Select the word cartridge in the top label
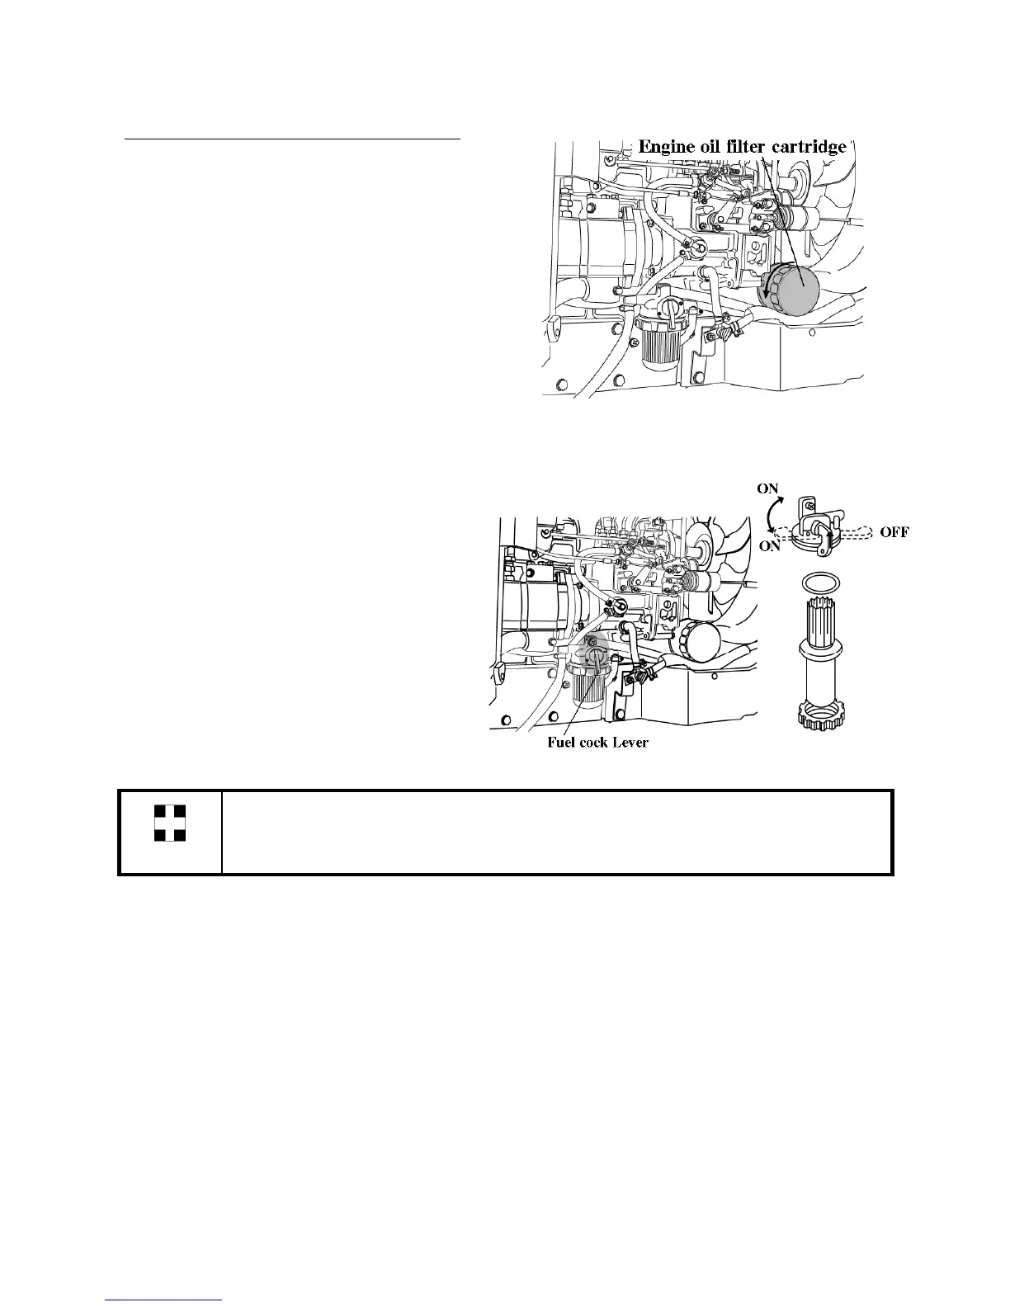(x=809, y=147)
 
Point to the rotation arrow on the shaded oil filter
(x=767, y=292)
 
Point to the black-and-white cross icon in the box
(x=170, y=823)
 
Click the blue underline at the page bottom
(x=165, y=1300)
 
